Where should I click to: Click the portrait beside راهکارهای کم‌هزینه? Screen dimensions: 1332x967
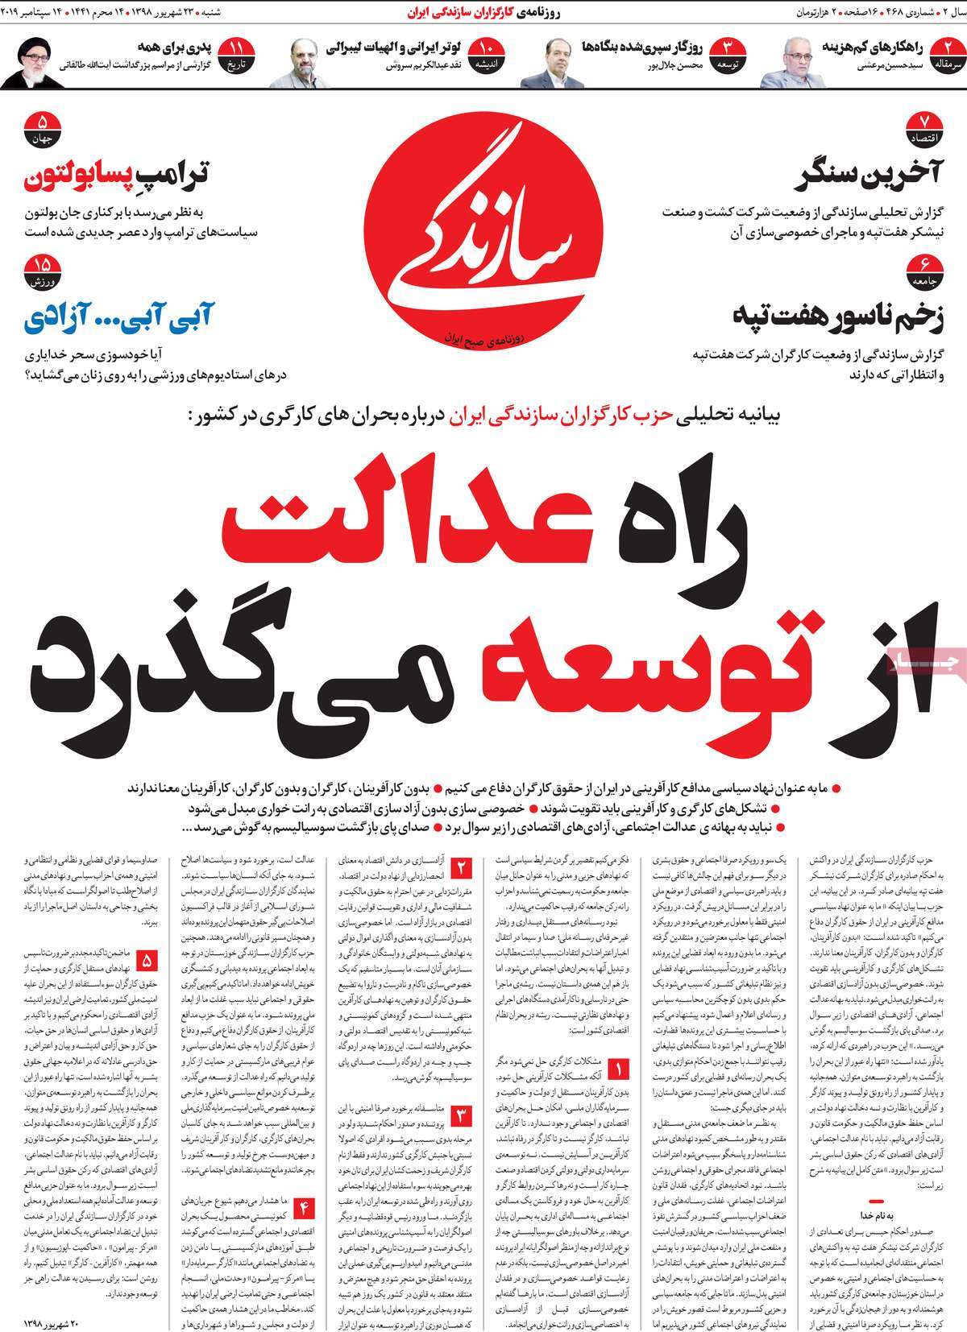pyautogui.click(x=786, y=63)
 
